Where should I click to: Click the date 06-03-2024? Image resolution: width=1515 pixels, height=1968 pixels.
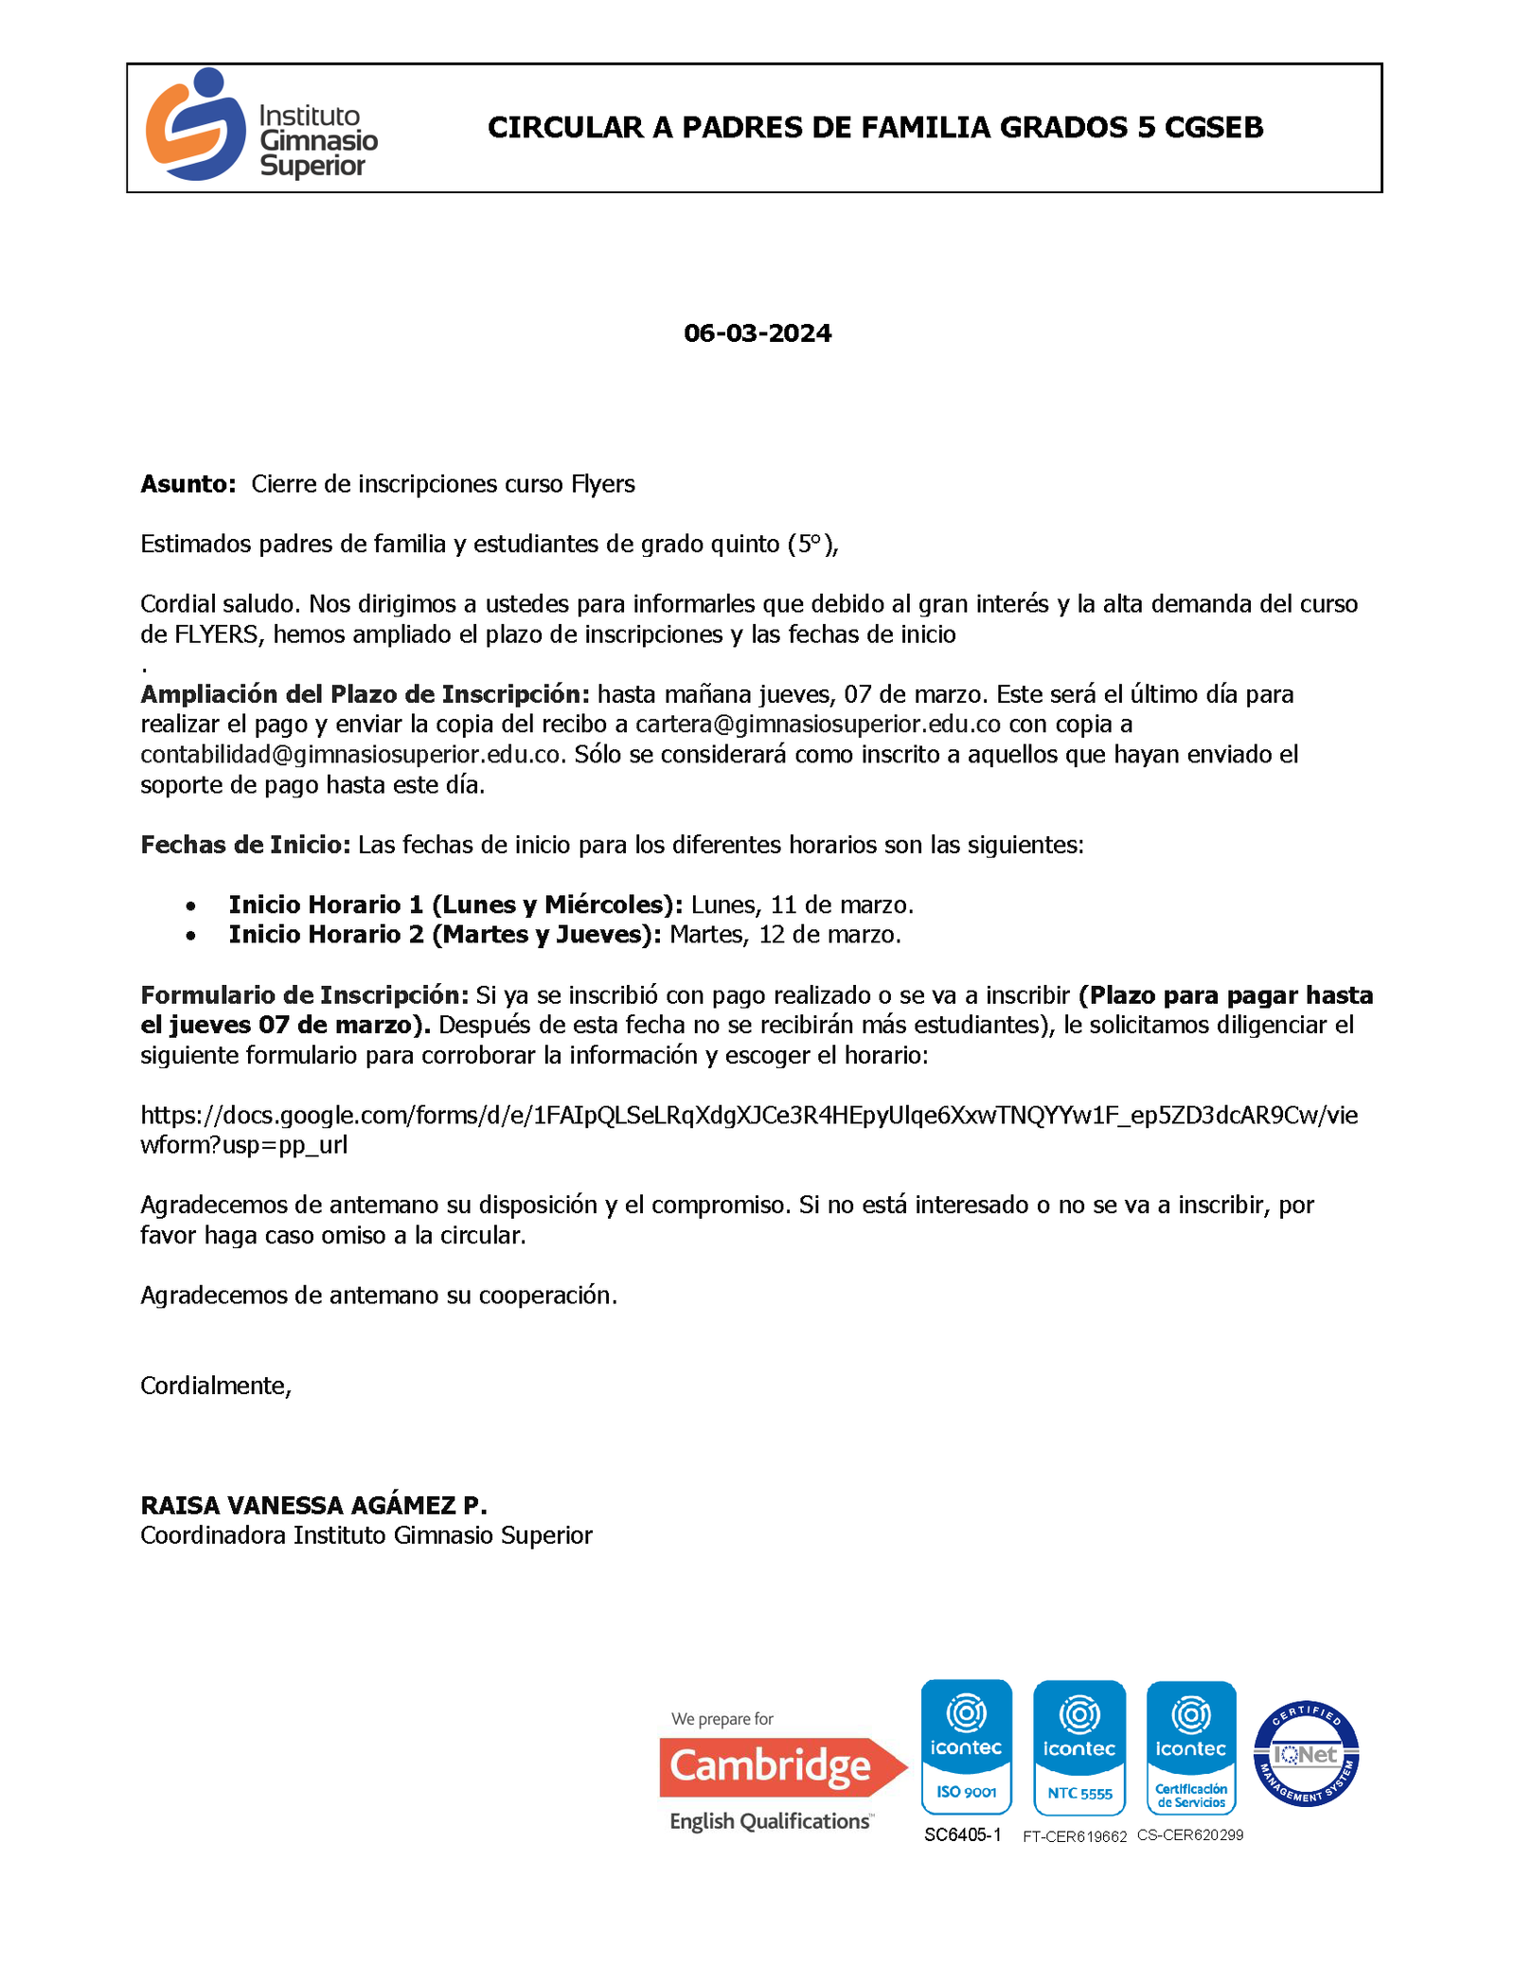[757, 333]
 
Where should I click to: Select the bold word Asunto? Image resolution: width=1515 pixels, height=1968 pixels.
[187, 484]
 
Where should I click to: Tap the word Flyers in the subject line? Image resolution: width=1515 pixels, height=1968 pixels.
[602, 484]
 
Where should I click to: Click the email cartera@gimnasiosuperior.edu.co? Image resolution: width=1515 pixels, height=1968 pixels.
[817, 725]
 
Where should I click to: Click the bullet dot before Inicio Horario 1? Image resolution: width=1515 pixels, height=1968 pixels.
[191, 905]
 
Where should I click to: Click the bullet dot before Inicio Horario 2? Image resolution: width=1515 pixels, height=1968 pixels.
[191, 936]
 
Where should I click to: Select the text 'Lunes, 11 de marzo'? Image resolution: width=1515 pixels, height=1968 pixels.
[801, 905]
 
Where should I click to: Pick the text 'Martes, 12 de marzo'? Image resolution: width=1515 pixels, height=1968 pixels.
[784, 936]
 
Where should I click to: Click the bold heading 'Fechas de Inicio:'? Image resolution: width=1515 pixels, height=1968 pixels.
[246, 845]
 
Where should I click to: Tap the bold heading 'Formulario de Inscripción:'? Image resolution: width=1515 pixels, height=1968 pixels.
[304, 995]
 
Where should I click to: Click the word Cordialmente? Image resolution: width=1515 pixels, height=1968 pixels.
[215, 1386]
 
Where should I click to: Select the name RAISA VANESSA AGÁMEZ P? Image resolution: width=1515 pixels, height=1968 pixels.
[313, 1505]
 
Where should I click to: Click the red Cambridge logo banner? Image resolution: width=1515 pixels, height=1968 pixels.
[782, 1766]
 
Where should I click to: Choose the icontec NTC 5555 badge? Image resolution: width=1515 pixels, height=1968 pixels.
[1078, 1747]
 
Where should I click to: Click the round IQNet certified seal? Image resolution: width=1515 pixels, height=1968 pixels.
[1306, 1753]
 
